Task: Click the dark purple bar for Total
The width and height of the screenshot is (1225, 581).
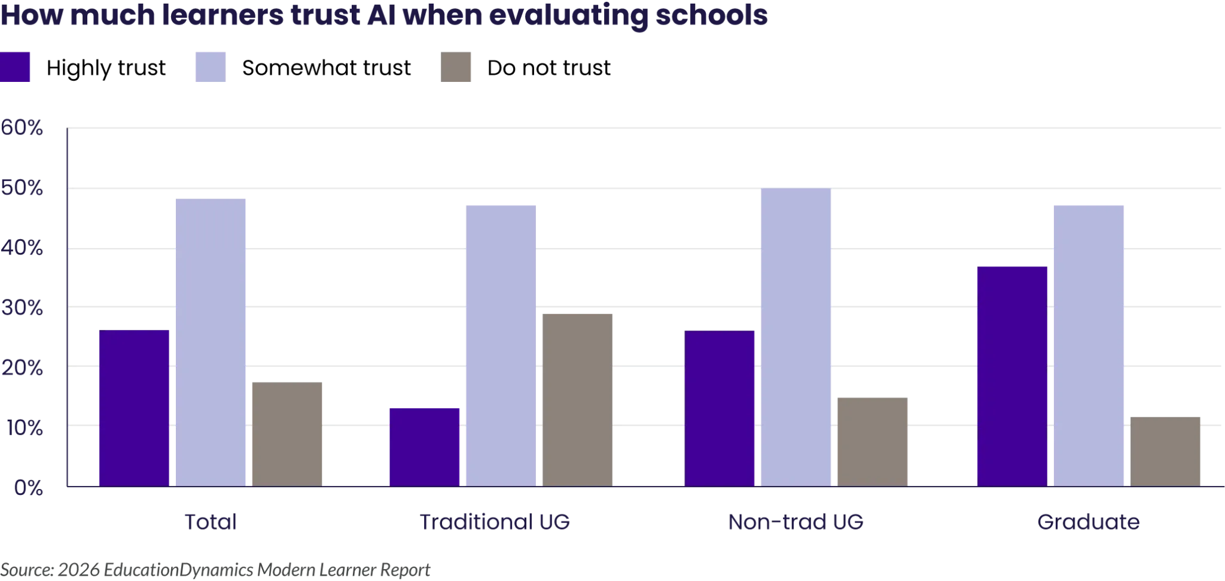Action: (134, 407)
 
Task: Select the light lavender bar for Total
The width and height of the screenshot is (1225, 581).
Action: (211, 340)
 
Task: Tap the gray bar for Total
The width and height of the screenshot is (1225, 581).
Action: (287, 431)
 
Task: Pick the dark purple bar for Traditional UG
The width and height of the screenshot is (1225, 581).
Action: (424, 446)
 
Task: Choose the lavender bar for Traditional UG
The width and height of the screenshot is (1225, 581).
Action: (500, 343)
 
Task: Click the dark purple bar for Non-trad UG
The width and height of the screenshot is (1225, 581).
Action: (720, 407)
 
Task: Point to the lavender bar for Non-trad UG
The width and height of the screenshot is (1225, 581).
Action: (797, 336)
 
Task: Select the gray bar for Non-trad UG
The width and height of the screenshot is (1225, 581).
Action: (873, 441)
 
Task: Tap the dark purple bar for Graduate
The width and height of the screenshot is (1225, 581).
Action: (1012, 374)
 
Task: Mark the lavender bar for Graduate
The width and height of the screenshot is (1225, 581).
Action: (1089, 343)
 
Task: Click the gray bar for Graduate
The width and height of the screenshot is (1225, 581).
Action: (1165, 450)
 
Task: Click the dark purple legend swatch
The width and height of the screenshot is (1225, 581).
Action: (16, 66)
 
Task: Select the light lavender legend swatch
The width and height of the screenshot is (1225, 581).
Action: (211, 67)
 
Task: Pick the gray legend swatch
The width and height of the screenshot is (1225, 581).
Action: (457, 67)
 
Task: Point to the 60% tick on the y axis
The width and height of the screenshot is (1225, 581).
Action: (25, 130)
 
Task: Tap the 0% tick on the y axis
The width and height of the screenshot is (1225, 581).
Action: (28, 488)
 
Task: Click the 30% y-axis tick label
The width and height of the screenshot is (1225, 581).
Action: (25, 309)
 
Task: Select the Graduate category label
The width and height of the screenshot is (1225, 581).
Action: (1090, 522)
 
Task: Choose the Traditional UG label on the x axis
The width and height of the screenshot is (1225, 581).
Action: (496, 522)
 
